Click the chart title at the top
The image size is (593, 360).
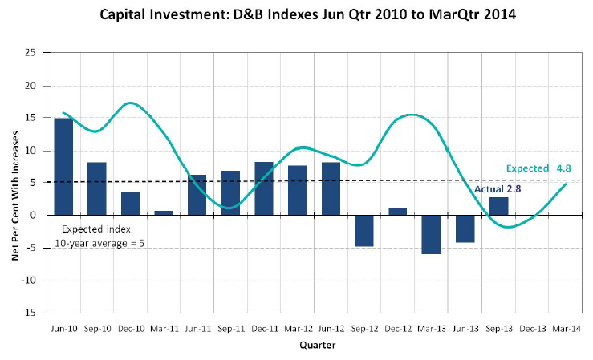[296, 14]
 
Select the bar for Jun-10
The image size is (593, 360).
[63, 167]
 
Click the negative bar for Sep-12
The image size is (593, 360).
[364, 230]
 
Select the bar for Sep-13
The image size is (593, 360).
[498, 206]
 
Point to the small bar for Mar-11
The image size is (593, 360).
[164, 213]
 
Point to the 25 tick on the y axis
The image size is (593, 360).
[32, 53]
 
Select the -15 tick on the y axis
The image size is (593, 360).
[30, 313]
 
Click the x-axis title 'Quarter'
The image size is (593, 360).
[313, 346]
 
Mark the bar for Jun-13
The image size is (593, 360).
[465, 229]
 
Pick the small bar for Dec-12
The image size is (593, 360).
[398, 212]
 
